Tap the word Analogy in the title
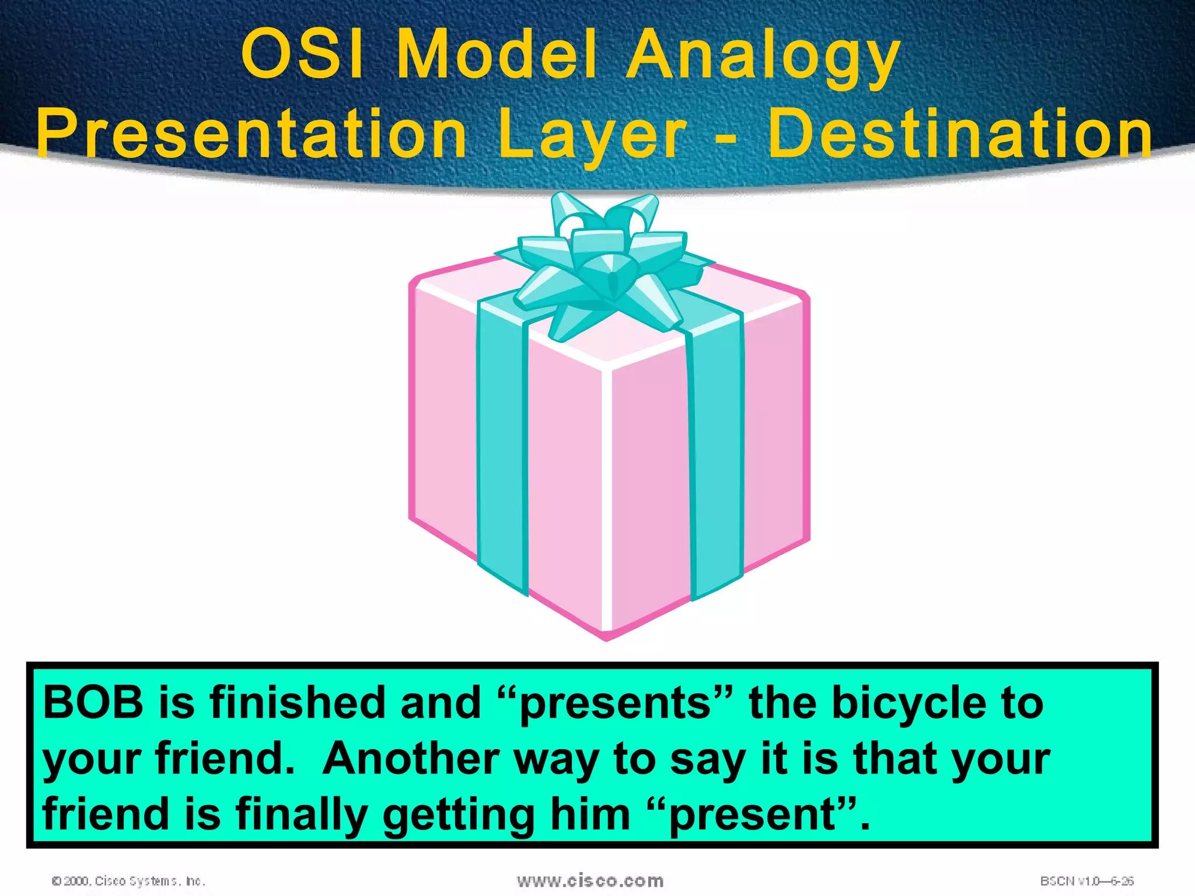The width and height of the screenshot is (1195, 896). coord(763,57)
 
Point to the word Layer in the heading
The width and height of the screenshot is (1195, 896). coord(592,137)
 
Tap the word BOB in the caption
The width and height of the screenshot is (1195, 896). coord(93,702)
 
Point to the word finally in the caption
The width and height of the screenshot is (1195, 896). coord(303,815)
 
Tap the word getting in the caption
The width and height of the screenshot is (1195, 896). coord(459,816)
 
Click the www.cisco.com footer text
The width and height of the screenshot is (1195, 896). coord(590,880)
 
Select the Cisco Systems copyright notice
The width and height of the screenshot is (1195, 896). coord(128,881)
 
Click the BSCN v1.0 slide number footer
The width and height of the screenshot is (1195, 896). coord(1086,881)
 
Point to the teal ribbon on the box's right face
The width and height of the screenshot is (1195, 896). coord(717,455)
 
